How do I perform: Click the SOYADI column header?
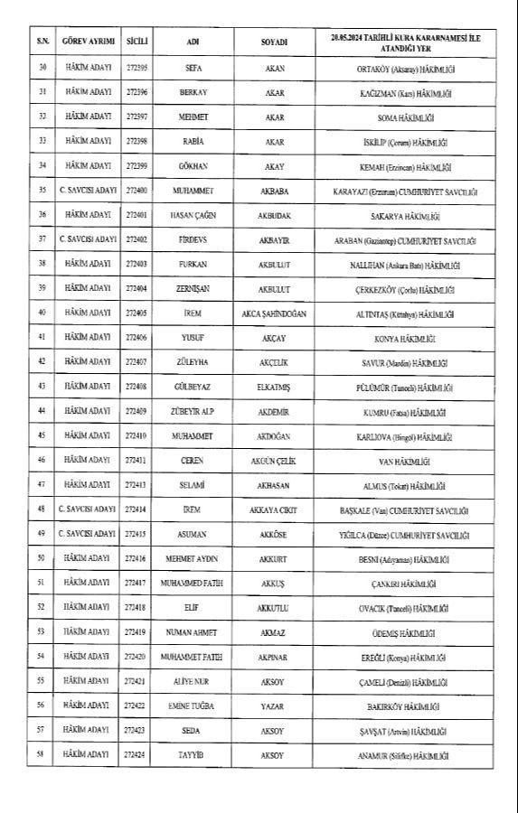tap(275, 42)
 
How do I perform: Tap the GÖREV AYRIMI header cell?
tap(88, 42)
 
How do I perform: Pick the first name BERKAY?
tap(193, 93)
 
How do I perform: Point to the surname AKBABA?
tap(275, 191)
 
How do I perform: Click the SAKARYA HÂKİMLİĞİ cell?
tap(411, 216)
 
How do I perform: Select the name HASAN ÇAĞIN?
tap(193, 216)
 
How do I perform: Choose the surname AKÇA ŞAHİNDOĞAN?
tap(275, 313)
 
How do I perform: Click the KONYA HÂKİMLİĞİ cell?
tap(411, 337)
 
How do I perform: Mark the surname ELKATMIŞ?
tap(275, 387)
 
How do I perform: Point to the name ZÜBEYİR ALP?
tap(193, 411)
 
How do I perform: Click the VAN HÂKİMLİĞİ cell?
tap(411, 460)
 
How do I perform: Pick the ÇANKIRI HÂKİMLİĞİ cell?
tap(411, 583)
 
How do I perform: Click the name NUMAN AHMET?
tap(193, 631)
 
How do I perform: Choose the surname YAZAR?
tap(275, 705)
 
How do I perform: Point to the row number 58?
tap(42, 752)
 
